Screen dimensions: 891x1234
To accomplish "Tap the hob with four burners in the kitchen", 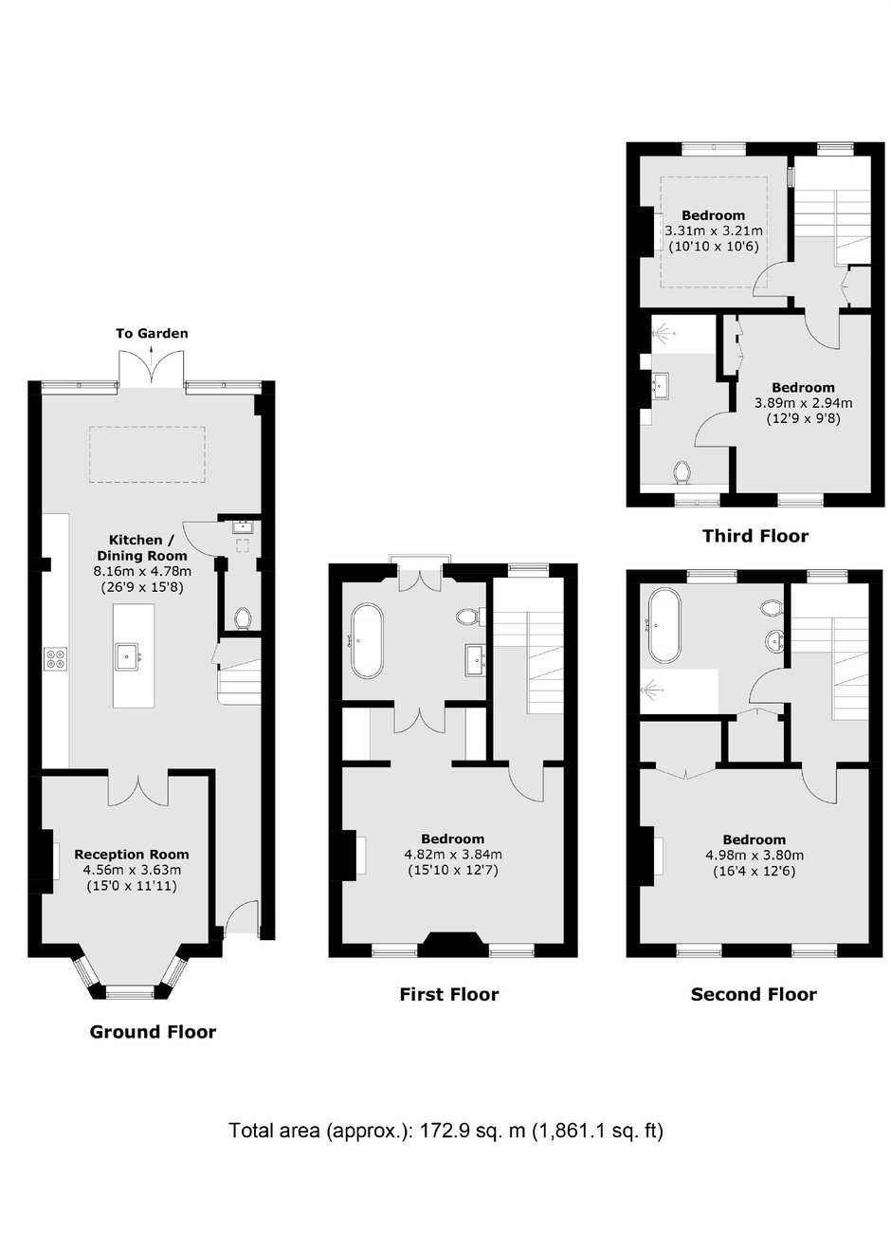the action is [x=56, y=658].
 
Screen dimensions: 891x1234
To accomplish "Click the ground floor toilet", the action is [x=241, y=618].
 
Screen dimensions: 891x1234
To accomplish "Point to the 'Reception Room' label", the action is [x=132, y=855].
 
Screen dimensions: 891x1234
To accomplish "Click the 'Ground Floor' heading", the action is [x=153, y=1032].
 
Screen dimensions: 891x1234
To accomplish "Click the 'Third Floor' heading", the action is [x=755, y=536].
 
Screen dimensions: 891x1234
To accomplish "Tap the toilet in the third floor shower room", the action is [x=682, y=472].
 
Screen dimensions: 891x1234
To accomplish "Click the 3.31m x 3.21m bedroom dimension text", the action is [x=715, y=230].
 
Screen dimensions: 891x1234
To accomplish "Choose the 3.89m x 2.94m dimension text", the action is [x=803, y=403].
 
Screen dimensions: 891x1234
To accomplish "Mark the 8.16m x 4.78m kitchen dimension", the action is [x=142, y=571].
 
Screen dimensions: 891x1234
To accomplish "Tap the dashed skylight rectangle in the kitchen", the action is [x=147, y=454].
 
